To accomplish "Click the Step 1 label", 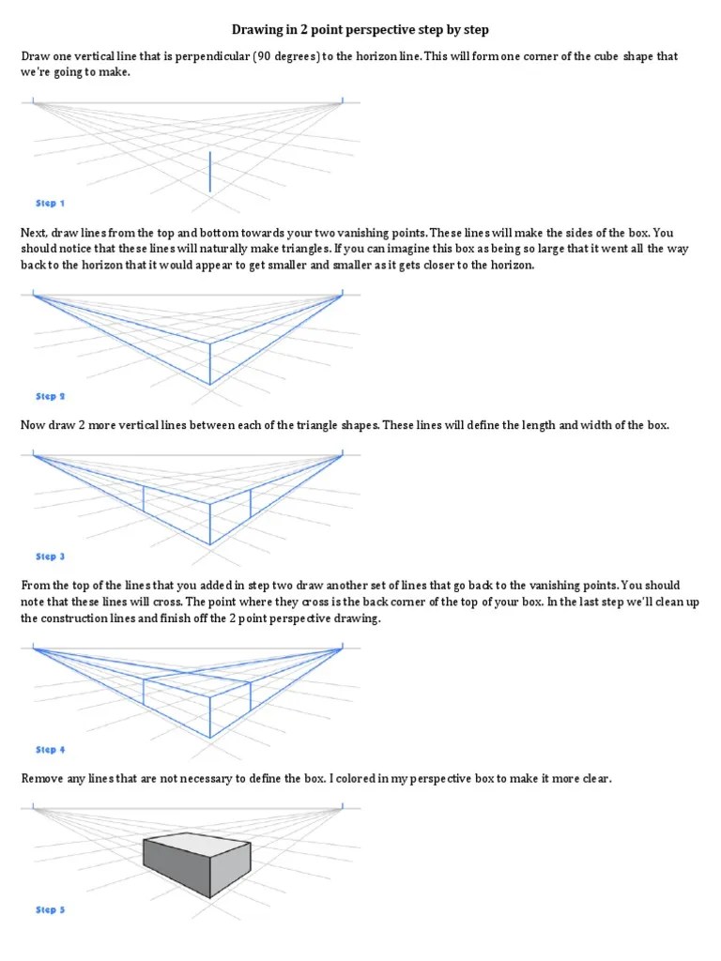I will [50, 203].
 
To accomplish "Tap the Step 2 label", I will [50, 397].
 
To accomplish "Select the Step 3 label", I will [50, 557].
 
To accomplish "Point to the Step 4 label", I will [50, 750].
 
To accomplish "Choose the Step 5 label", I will [50, 909].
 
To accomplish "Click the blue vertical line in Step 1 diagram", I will [209, 172].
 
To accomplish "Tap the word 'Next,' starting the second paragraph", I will [37, 233].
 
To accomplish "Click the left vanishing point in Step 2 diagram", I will [34, 295].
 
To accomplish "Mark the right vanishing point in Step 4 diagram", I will [342, 648].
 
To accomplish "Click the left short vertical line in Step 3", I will [144, 498].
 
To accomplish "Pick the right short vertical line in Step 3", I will [251, 503].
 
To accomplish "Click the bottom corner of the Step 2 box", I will [209, 385].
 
